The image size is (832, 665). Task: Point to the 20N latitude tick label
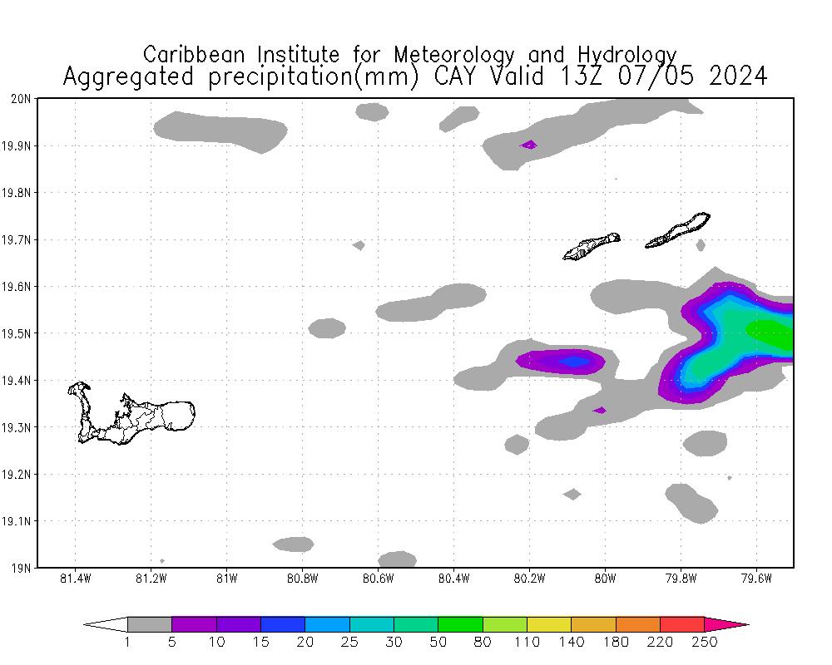click(x=22, y=99)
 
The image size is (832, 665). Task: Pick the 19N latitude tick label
click(x=22, y=568)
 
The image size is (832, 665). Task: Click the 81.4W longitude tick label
click(x=76, y=579)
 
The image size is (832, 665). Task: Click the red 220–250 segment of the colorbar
click(x=682, y=624)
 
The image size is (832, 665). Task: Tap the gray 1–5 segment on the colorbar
click(x=150, y=624)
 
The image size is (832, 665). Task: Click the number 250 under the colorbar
click(x=704, y=642)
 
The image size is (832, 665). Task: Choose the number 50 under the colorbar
click(x=438, y=642)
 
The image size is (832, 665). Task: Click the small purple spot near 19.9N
click(x=528, y=145)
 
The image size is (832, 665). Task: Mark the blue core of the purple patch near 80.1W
click(x=573, y=362)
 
